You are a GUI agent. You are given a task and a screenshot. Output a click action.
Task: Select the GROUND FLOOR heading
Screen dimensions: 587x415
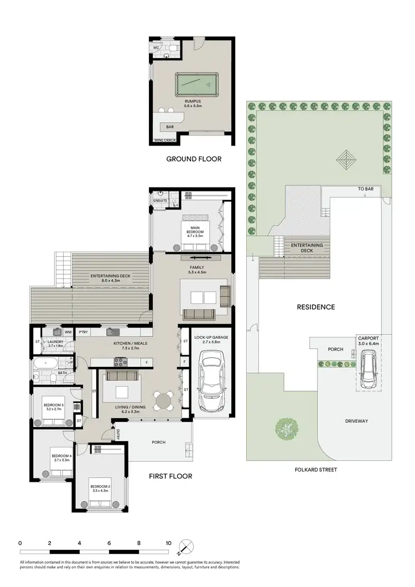[194, 159]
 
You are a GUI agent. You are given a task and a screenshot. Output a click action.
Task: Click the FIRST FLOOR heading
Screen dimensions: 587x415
[170, 476]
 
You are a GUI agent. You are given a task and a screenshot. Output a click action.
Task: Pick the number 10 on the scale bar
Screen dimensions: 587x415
[168, 543]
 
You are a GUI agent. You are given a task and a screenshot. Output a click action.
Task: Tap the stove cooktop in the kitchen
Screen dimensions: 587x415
[121, 362]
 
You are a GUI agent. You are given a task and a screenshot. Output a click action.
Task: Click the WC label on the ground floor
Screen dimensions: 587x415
[157, 48]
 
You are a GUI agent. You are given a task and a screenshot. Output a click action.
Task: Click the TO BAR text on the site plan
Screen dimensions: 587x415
[365, 189]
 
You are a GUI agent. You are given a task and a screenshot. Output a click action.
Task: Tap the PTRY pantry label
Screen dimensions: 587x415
[84, 332]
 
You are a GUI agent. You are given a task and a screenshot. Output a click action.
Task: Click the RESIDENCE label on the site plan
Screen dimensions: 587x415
[315, 307]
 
